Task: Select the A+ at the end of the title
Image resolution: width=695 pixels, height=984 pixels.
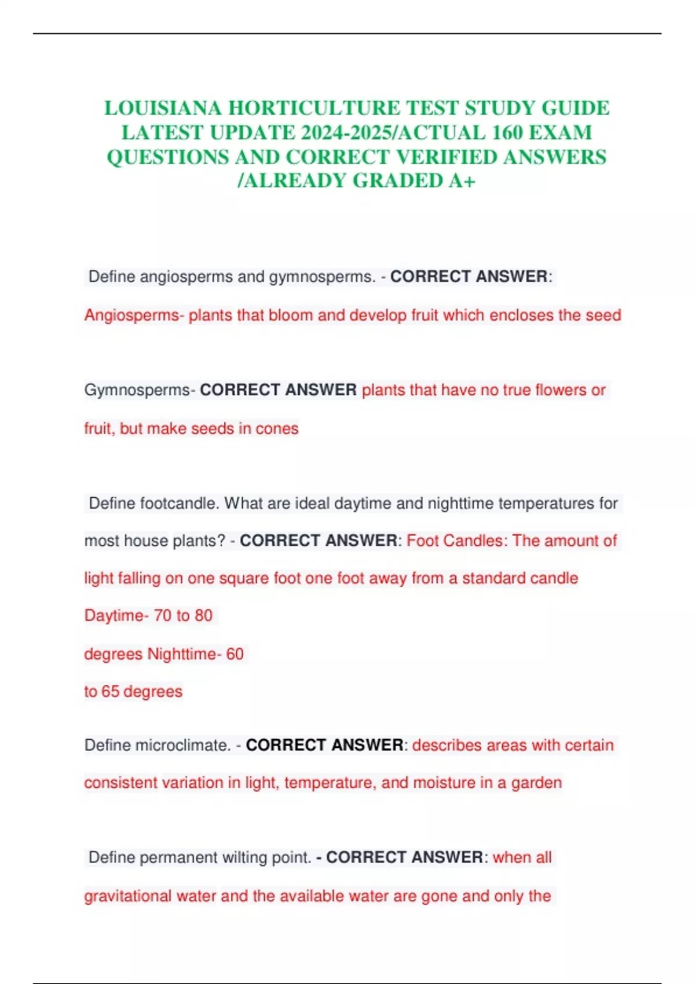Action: pos(462,181)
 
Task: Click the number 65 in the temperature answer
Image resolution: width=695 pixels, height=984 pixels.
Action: pos(110,691)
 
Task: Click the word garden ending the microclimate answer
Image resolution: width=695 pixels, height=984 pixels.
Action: pos(536,783)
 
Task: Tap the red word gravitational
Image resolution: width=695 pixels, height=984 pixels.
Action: pos(128,896)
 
